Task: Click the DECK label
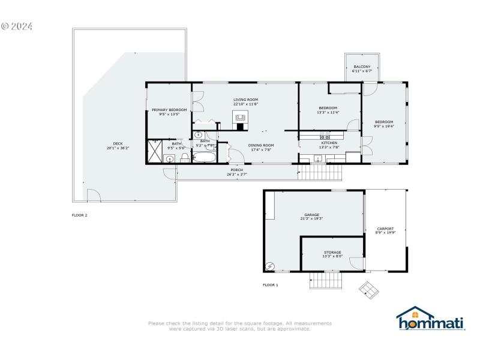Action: click(x=118, y=143)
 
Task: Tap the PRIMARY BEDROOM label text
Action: click(x=169, y=110)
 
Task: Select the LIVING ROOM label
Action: click(x=245, y=100)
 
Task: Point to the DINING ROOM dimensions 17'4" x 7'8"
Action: click(x=261, y=149)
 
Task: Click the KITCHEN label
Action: click(x=329, y=143)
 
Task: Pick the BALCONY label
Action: click(x=362, y=67)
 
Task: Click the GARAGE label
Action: click(x=311, y=215)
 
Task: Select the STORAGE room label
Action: click(x=332, y=253)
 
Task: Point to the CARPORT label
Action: click(x=385, y=229)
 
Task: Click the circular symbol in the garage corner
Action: click(x=271, y=265)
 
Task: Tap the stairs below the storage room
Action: click(x=325, y=280)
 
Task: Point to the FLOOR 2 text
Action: click(x=80, y=215)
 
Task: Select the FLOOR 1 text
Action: click(x=271, y=285)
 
